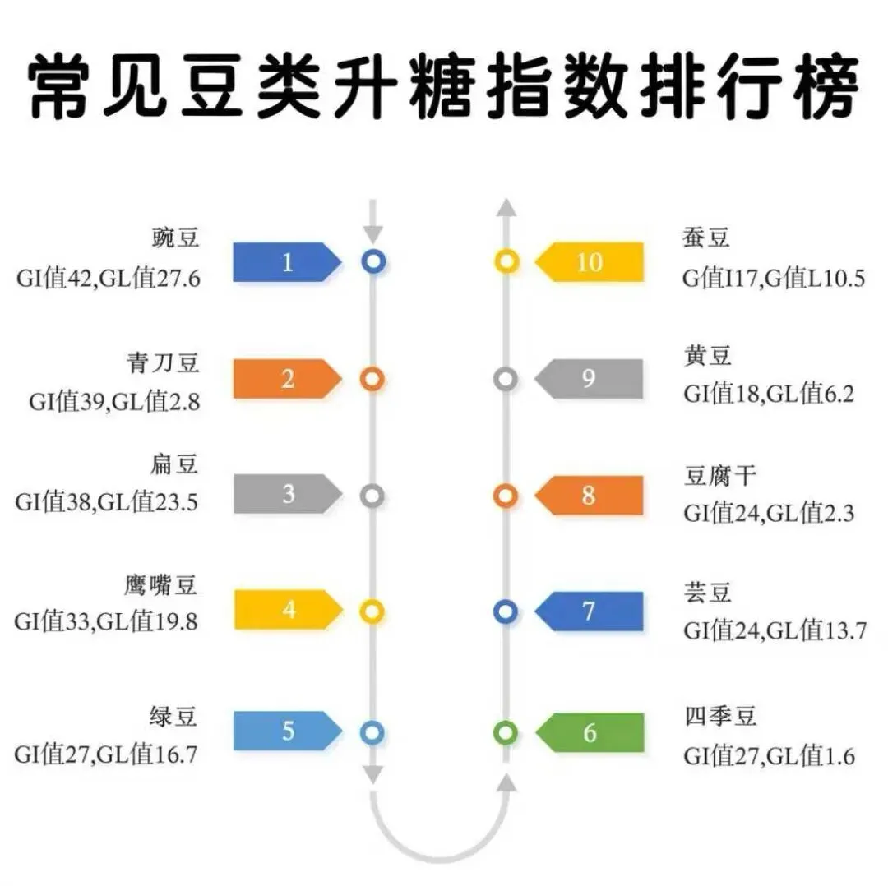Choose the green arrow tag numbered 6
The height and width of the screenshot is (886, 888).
pos(590,732)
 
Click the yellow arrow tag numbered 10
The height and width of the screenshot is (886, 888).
pos(590,262)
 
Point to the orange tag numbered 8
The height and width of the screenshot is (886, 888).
pos(590,496)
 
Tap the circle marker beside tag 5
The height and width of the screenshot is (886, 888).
pos(372,731)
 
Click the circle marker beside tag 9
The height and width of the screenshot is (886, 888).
pos(506,379)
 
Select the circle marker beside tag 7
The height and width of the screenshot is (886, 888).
pos(506,611)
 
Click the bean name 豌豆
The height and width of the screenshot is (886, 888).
pos(175,239)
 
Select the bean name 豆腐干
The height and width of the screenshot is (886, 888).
pos(719,476)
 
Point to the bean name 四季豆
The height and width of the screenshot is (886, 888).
pos(719,715)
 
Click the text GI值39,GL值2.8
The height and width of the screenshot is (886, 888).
pos(114,402)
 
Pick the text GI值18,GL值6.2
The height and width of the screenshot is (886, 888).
pos(769,395)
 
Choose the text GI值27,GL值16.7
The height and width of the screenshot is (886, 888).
pos(106,754)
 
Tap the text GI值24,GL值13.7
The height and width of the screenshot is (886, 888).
pos(775,631)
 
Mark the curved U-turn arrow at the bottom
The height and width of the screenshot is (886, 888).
pos(440,830)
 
